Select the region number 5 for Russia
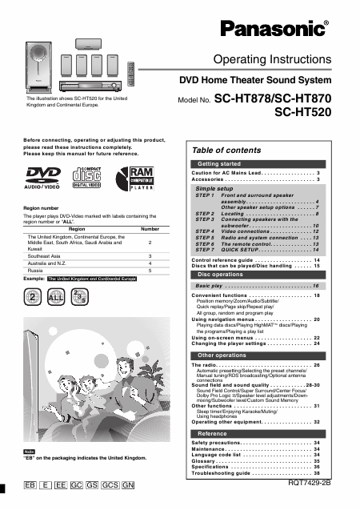[x=150, y=271]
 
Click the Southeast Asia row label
[x=46, y=255]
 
